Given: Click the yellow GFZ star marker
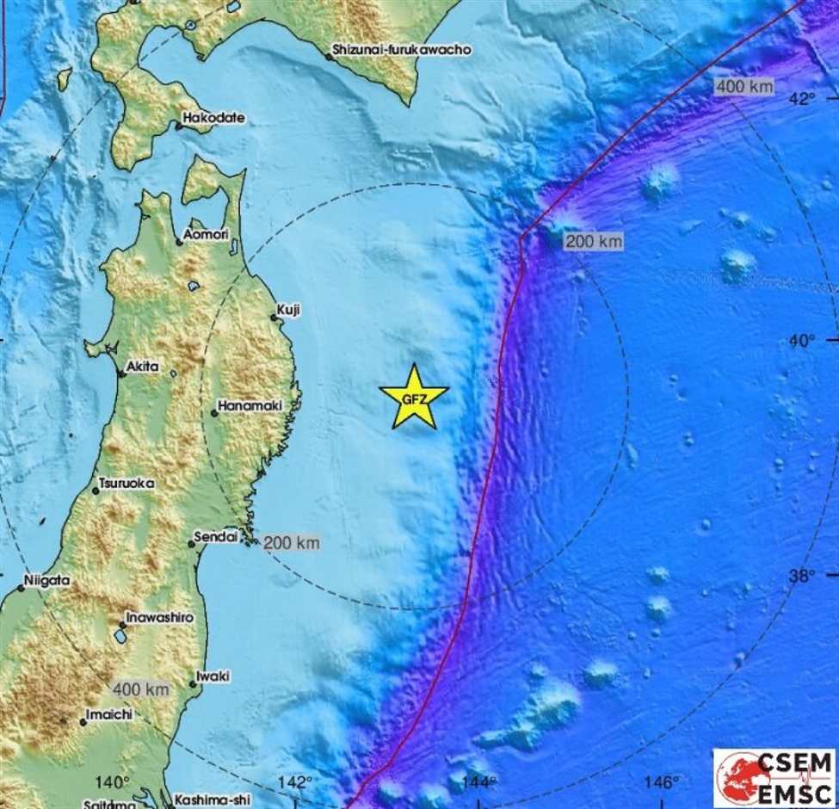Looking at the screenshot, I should pyautogui.click(x=414, y=398).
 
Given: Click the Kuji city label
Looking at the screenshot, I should pyautogui.click(x=288, y=310).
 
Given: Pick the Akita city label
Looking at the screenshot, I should pyautogui.click(x=142, y=367).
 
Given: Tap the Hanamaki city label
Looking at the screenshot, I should pyautogui.click(x=250, y=405).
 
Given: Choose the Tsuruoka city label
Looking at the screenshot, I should pyautogui.click(x=126, y=484).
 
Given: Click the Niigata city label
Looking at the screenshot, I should pyautogui.click(x=47, y=581).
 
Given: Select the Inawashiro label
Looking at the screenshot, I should pyautogui.click(x=158, y=618).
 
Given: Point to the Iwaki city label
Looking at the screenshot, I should pyautogui.click(x=213, y=676).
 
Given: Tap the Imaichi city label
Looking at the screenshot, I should pyautogui.click(x=111, y=714).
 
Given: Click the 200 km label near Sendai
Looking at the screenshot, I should pyautogui.click(x=292, y=542).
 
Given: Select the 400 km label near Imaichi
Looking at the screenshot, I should pyautogui.click(x=140, y=689).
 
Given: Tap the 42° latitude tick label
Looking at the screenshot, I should pyautogui.click(x=802, y=100).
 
